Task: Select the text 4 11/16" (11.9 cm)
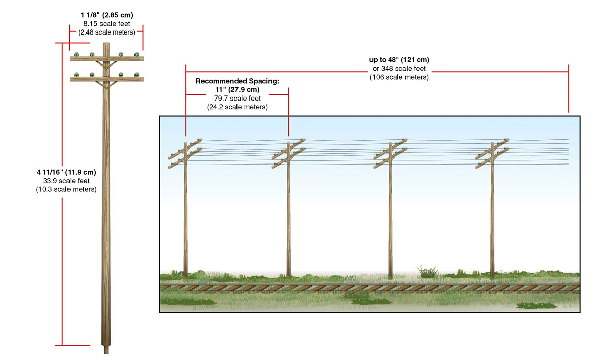pos(63,172)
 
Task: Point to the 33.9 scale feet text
pos(63,181)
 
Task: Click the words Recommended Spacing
pos(238,81)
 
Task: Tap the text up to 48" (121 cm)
pos(399,60)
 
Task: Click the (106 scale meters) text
pos(399,77)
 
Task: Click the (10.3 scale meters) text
pos(63,189)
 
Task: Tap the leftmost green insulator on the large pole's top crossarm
pos(77,54)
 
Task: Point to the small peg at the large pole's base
pos(106,350)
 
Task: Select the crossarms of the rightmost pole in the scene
pos(492,151)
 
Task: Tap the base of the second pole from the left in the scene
pos(288,276)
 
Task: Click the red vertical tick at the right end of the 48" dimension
pos(568,88)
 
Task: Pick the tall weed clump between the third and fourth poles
pos(427,271)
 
